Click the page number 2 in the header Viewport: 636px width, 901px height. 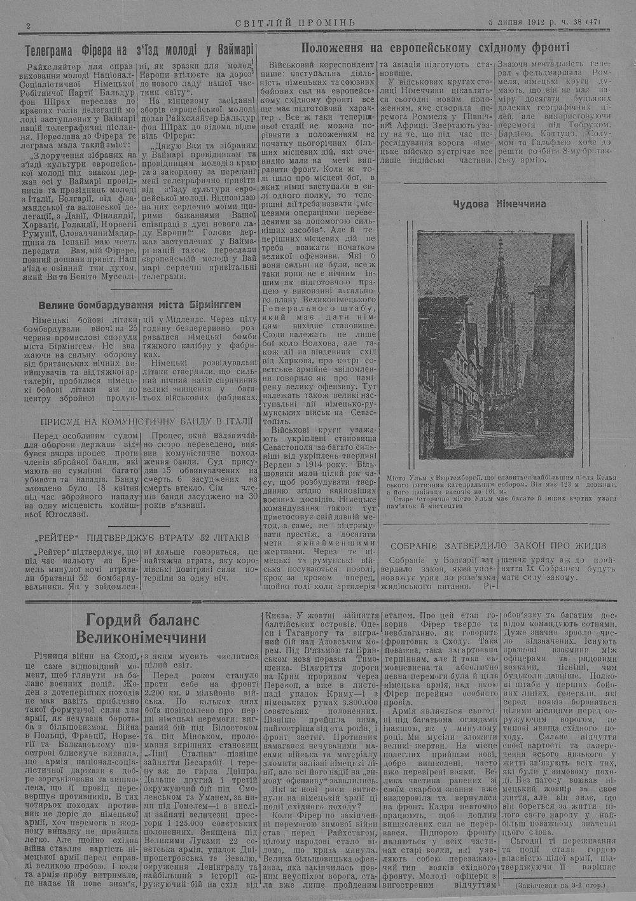(29, 25)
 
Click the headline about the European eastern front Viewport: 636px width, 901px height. (436, 48)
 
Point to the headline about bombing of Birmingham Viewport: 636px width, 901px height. (140, 304)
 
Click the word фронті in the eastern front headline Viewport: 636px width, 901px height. (550, 48)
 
